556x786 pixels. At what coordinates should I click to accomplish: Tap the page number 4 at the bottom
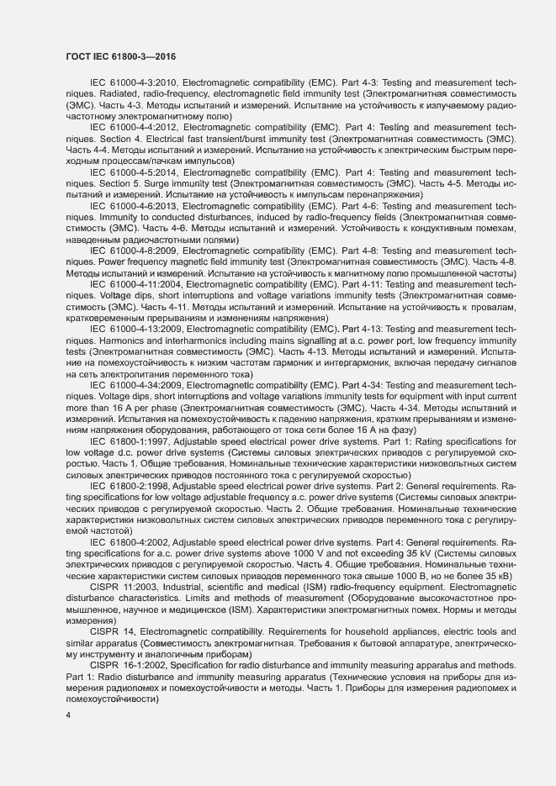click(x=68, y=715)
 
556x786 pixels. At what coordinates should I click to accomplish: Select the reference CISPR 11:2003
click(x=123, y=587)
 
